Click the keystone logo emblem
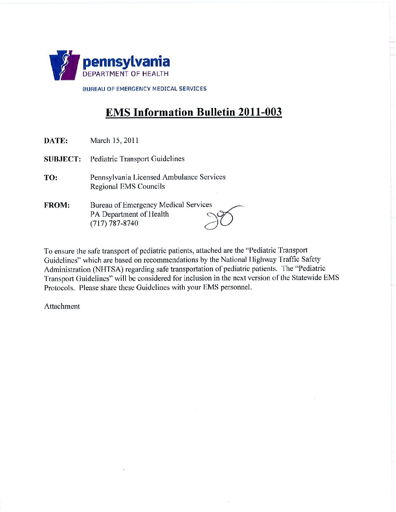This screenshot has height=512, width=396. pos(64,65)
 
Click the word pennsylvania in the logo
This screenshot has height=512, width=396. pos(126,62)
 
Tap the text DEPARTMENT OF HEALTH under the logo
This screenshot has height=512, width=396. pos(126,74)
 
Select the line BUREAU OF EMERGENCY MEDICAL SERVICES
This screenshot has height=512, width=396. pos(144,89)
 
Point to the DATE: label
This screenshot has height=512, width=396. pos(56,141)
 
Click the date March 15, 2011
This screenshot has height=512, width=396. pos(114,141)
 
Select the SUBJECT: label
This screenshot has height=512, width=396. pos(62,159)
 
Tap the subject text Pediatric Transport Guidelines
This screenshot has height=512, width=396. pos(137,159)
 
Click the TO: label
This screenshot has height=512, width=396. pos(51,178)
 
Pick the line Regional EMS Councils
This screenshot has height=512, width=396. pos(127,187)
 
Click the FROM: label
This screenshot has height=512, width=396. pos(57,205)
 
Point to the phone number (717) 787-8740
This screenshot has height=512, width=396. pos(114,224)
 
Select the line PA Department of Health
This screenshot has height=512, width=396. pos(130,214)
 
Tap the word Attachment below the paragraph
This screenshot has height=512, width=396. pos(62,307)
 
